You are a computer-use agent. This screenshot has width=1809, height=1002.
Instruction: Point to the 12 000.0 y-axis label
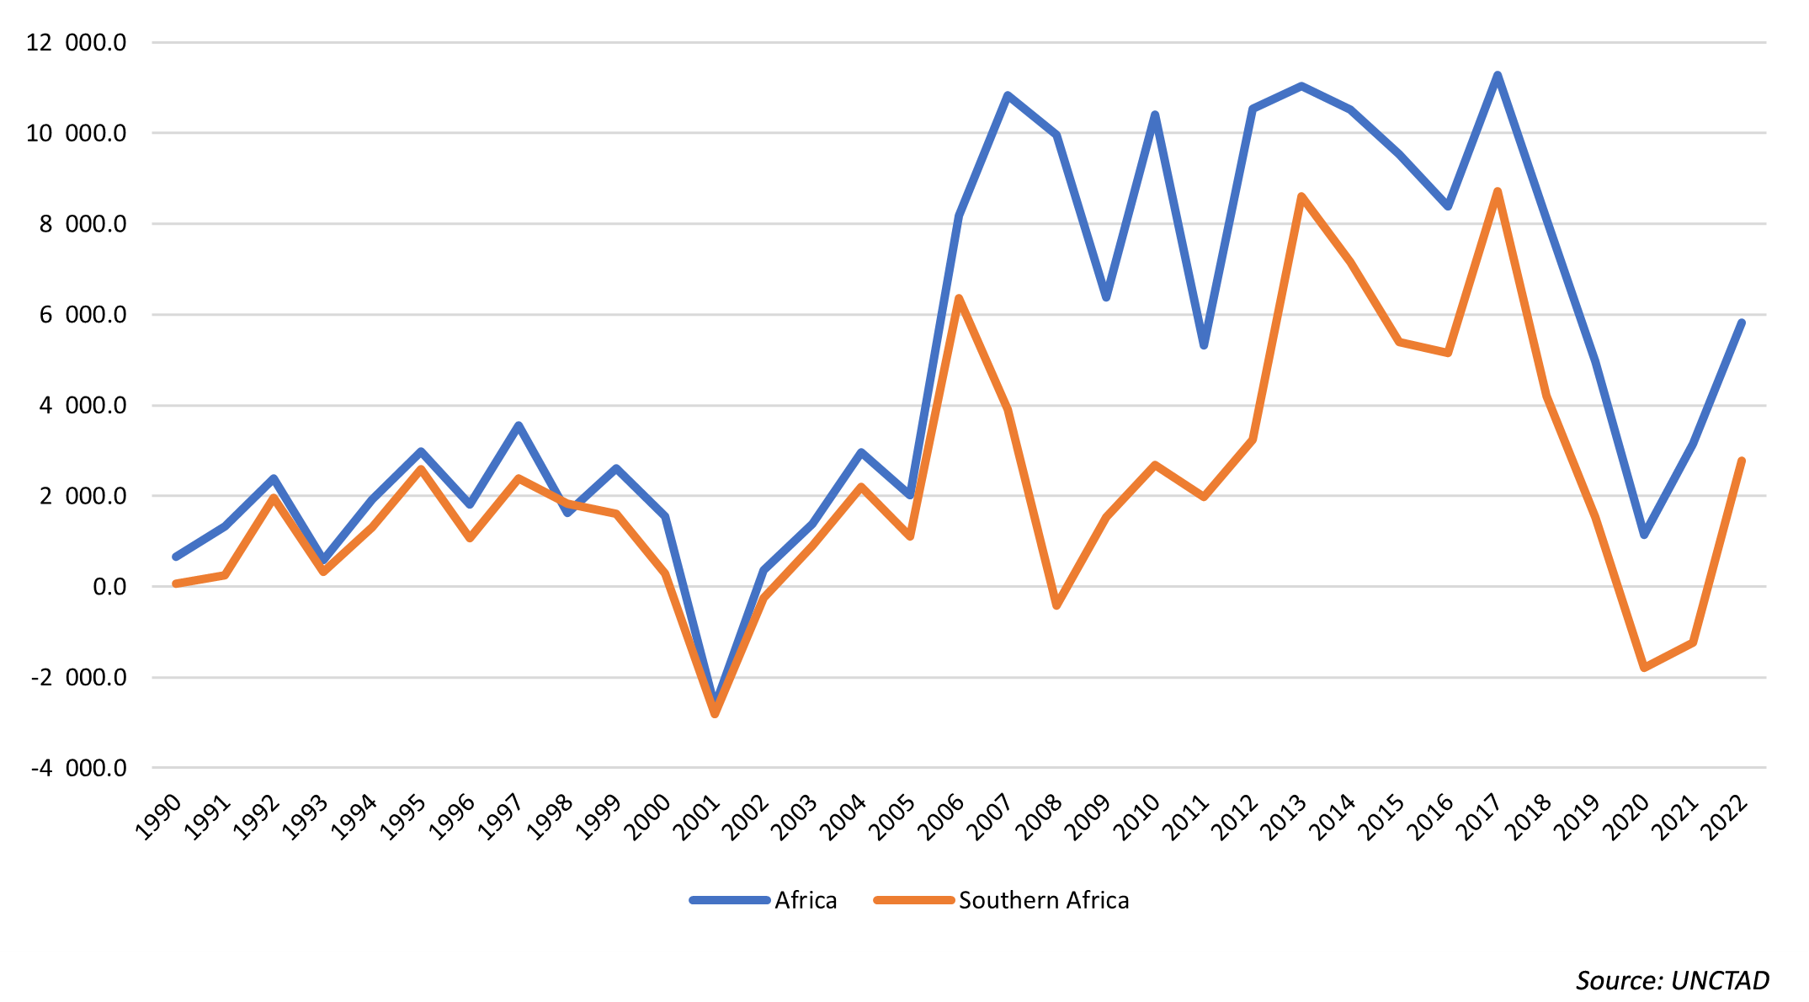(x=76, y=42)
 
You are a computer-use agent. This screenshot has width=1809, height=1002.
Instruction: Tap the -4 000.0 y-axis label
(x=78, y=768)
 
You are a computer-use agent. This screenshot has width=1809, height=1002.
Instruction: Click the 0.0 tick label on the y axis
(x=109, y=587)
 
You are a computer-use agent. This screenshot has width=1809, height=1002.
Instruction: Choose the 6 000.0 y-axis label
(x=82, y=315)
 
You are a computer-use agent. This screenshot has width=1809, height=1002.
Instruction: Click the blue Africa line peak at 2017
(x=1498, y=76)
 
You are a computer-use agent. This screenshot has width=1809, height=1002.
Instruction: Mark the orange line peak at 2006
(x=959, y=298)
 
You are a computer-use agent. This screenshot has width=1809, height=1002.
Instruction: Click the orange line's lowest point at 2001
(x=715, y=714)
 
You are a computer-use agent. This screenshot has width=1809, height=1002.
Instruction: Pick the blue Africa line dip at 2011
(x=1204, y=345)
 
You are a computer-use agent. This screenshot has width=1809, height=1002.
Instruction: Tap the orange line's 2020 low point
(x=1644, y=668)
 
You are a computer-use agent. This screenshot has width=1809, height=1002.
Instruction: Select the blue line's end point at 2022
(x=1742, y=322)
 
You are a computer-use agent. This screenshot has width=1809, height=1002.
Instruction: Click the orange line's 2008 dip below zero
(x=1056, y=605)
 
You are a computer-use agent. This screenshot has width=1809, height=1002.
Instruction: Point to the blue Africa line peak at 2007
(x=1008, y=95)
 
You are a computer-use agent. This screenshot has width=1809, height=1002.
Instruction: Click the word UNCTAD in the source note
(x=1720, y=981)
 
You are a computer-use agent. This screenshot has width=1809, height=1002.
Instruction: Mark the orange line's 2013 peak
(x=1301, y=196)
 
